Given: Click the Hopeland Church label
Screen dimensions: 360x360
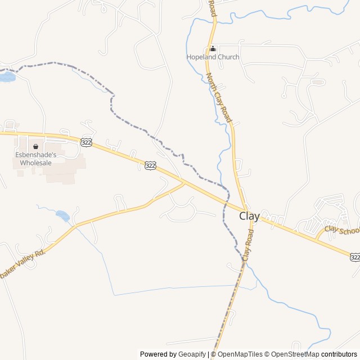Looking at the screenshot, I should [213, 57].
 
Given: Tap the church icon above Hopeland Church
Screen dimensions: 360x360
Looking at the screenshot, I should [213, 48].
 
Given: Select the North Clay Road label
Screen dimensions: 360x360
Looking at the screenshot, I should [219, 98].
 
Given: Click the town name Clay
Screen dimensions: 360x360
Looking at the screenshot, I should [249, 215].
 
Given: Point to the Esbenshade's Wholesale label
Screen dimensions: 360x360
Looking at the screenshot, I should [35, 159].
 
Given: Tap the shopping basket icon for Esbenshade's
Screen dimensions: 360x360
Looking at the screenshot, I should [35, 146].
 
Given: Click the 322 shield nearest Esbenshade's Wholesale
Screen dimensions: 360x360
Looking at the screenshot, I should [86, 143].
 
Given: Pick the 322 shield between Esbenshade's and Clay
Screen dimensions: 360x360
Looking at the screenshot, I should [150, 165].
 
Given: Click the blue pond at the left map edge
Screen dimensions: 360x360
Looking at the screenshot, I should [7, 76].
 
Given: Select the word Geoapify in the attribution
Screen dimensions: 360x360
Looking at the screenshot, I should [192, 354].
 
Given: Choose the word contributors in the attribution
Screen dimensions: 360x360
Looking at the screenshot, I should [339, 354].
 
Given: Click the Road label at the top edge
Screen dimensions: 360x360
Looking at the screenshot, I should [211, 8].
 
